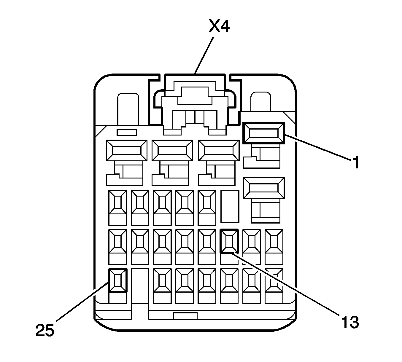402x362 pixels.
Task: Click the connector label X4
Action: coord(219,27)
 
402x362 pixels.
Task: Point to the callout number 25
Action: coord(45,330)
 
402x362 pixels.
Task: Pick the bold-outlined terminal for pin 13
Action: coord(229,241)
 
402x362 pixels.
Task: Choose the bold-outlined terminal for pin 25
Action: coord(118,280)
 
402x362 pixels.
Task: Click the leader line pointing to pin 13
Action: coord(285,283)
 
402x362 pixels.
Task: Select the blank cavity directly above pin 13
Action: coord(230,206)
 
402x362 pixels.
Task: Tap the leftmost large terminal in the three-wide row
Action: coord(127,150)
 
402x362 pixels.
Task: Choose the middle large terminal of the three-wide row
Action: coord(172,150)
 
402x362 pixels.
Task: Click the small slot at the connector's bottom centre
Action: coord(185,316)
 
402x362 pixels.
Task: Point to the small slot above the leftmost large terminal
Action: coord(127,132)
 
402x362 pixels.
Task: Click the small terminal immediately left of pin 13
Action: coord(207,241)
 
